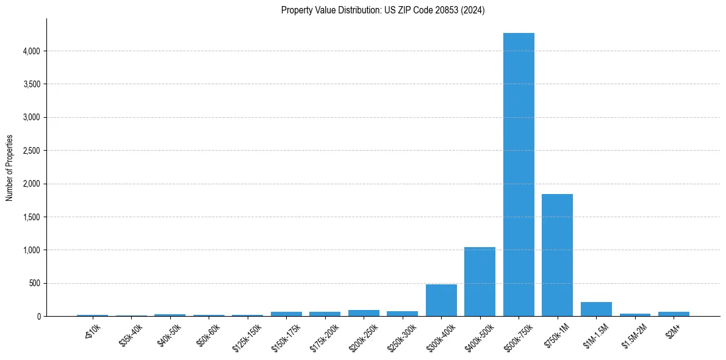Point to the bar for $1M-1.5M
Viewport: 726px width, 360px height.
point(596,309)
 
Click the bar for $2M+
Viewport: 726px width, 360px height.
point(674,314)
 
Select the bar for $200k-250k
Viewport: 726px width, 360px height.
point(364,313)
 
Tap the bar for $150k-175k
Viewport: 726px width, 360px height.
point(286,314)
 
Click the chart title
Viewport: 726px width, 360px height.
point(383,10)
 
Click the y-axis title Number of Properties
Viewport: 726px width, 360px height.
point(10,167)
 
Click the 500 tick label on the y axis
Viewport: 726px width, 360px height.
point(34,284)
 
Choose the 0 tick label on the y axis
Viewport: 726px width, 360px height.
point(38,317)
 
